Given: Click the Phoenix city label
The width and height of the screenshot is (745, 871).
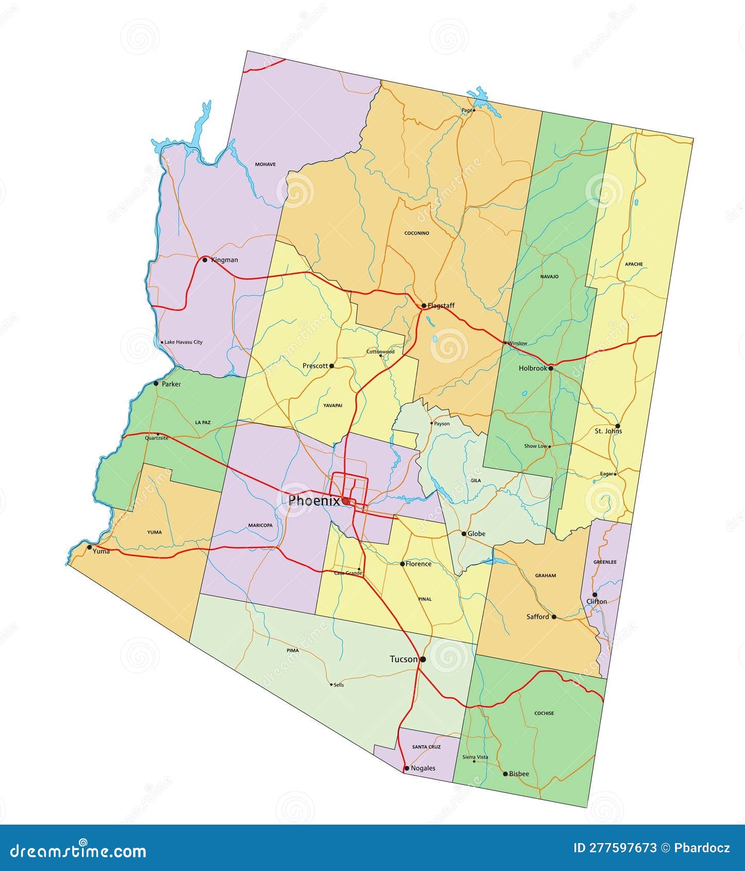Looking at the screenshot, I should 314,500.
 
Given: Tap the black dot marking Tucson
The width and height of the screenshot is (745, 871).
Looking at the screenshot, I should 423,659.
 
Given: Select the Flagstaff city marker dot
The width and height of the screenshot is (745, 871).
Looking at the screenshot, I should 424,306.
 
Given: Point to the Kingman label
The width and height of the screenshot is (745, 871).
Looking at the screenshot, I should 225,260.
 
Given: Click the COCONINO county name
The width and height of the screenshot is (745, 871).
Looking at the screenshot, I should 417,233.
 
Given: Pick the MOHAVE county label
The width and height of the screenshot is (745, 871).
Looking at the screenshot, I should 265,164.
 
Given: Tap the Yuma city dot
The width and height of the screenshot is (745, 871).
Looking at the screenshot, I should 90,547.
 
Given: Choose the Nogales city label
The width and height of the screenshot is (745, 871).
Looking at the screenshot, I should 423,768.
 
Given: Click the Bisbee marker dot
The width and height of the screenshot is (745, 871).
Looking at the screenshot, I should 505,774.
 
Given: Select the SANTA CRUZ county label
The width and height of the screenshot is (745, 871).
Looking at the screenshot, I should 426,747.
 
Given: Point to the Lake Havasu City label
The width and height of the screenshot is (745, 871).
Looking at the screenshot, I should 183,342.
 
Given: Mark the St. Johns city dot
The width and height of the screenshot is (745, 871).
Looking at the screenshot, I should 618,426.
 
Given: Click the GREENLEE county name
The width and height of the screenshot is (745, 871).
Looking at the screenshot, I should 605,562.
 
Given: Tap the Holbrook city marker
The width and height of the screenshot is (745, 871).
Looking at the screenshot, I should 551,368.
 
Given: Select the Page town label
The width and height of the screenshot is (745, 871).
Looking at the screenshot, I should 467,110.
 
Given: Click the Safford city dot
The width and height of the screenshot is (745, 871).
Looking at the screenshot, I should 554,616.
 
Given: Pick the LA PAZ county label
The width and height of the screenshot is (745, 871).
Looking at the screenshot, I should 202,423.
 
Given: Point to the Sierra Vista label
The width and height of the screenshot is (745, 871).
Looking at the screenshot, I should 475,757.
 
